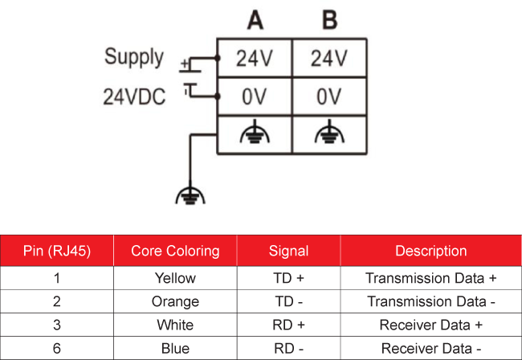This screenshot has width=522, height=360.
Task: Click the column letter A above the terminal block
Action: (x=255, y=20)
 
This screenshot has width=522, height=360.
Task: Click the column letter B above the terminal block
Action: (x=330, y=20)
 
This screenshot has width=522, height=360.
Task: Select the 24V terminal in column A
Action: (x=255, y=59)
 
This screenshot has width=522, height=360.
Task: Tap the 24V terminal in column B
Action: (x=329, y=59)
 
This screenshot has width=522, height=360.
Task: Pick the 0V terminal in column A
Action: (x=255, y=96)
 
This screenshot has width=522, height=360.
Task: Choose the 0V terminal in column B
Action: (x=329, y=96)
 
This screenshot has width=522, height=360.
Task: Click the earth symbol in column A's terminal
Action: (x=255, y=132)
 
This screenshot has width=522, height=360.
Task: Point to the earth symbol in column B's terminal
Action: (x=329, y=132)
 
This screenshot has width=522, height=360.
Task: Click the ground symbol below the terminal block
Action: (x=190, y=195)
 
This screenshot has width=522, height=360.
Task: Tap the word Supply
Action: (x=134, y=57)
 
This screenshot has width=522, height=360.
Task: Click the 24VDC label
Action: (x=134, y=97)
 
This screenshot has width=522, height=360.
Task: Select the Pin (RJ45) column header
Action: (x=57, y=251)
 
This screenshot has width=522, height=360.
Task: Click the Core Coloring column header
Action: (x=175, y=251)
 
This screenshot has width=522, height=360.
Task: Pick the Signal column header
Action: (x=288, y=251)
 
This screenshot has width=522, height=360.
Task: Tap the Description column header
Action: (x=431, y=251)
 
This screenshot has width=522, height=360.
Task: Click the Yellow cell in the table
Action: (x=175, y=278)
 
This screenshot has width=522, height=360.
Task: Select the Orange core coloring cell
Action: (x=175, y=301)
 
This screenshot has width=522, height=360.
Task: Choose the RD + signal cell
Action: (x=288, y=325)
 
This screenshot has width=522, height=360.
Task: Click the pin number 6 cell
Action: (x=57, y=348)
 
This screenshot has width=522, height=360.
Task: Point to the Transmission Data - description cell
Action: (x=431, y=301)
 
